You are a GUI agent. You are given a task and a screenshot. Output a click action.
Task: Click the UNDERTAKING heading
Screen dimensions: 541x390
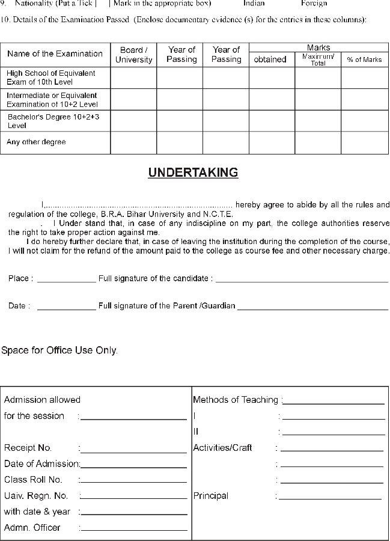(x=193, y=173)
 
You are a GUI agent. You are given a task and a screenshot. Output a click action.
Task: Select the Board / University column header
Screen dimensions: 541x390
(x=133, y=55)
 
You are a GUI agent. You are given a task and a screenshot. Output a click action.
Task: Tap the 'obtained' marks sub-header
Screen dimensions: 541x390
(x=270, y=60)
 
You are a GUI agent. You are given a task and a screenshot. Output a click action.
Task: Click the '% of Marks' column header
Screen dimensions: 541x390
(x=364, y=60)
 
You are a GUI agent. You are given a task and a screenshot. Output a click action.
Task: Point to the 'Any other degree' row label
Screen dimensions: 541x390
(x=36, y=142)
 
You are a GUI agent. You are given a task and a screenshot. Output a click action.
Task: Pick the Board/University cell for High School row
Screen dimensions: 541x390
(x=133, y=78)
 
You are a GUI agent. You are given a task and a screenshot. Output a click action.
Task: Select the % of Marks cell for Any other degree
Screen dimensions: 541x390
(x=364, y=143)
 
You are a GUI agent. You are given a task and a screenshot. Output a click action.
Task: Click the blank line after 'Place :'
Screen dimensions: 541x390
(x=66, y=281)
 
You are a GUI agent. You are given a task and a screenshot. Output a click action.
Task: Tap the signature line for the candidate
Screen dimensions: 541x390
(x=302, y=281)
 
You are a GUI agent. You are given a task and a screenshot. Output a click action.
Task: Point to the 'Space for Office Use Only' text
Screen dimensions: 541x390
(x=59, y=350)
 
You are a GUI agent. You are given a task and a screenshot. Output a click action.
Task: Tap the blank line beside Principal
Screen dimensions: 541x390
(x=330, y=498)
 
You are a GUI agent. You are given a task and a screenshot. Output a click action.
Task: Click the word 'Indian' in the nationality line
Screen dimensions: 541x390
(x=254, y=3)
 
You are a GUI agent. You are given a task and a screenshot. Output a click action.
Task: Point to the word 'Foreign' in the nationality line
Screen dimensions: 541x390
(x=314, y=3)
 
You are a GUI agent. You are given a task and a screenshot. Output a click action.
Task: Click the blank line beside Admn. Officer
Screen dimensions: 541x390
(x=133, y=530)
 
